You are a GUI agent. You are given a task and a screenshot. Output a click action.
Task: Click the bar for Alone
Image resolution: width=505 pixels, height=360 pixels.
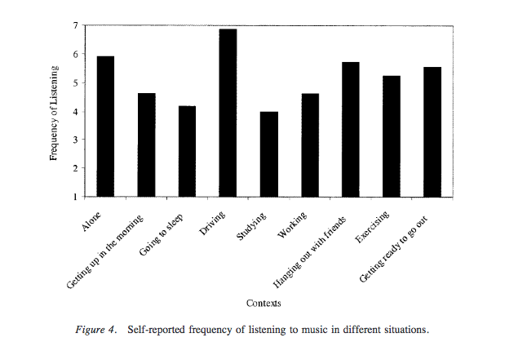click(x=105, y=127)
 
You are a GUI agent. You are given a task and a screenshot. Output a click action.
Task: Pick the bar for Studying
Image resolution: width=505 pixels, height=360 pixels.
click(x=269, y=154)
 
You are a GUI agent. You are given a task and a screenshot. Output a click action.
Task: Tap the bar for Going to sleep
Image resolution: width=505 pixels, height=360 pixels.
click(x=188, y=152)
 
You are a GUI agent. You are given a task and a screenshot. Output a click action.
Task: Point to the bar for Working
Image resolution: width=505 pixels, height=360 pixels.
click(x=310, y=145)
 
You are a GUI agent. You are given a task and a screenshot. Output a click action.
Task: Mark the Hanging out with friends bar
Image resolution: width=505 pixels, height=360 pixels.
click(x=351, y=130)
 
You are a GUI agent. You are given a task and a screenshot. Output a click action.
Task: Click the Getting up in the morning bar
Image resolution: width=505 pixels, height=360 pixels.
click(x=147, y=145)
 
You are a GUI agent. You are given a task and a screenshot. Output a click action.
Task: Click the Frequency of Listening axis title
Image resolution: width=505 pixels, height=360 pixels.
click(x=54, y=112)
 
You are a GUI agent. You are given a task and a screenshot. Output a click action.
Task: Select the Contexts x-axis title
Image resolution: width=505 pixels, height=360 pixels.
click(x=264, y=304)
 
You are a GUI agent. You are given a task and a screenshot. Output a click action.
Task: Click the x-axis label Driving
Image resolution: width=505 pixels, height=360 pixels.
click(x=215, y=221)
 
